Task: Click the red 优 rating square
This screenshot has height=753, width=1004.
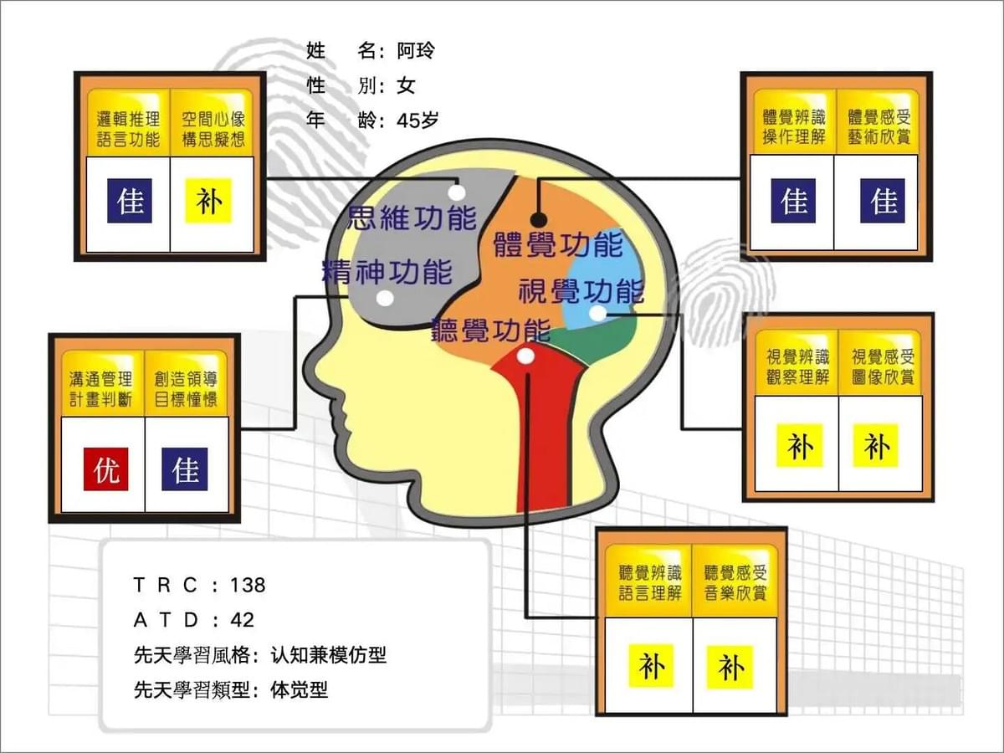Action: [106, 469]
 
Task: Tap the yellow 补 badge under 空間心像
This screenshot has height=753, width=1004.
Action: [208, 201]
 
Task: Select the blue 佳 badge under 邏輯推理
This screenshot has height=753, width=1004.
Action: [130, 201]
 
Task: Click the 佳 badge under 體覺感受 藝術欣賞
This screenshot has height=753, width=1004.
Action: [883, 201]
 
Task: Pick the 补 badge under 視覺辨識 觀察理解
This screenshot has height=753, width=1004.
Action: [800, 446]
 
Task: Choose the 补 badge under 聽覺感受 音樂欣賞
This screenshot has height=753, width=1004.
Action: [730, 668]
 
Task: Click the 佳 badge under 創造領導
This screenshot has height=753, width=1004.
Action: [185, 469]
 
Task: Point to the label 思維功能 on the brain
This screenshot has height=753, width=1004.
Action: [412, 218]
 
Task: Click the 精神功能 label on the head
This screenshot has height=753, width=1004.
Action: [387, 272]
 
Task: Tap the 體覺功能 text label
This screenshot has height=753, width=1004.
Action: [558, 244]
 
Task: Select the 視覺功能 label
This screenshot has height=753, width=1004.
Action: [581, 291]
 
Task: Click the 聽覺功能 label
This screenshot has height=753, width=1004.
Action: [491, 330]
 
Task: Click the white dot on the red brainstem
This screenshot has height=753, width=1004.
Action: [525, 356]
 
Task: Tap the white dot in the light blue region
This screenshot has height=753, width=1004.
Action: [597, 314]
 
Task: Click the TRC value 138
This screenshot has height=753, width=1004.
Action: [248, 585]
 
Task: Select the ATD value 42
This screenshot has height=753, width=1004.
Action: [242, 621]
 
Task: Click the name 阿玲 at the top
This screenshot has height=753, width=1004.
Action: [415, 50]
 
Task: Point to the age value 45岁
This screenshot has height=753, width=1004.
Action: [417, 120]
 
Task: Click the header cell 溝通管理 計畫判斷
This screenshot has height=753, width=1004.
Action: [100, 389]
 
